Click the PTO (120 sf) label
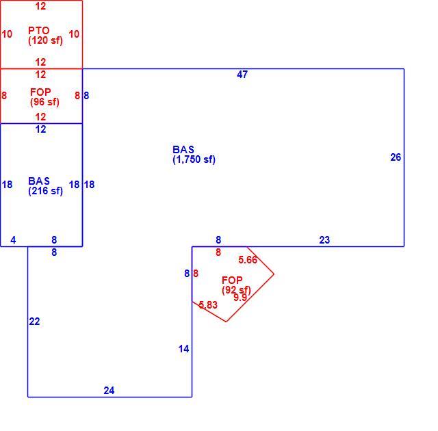pos(45,36)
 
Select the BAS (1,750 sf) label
pos(194,155)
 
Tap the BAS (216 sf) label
pos(45,186)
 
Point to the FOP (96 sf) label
pos(44,97)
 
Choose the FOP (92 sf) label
pos(236,285)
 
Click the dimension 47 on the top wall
pos(242,75)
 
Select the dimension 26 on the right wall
pos(396,157)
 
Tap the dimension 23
pos(324,240)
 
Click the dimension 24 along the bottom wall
pos(109,391)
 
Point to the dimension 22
pos(34,322)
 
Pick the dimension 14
pos(184,349)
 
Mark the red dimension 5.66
pos(248,260)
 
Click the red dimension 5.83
pos(208,305)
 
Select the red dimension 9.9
pos(240,298)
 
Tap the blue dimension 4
pos(13,240)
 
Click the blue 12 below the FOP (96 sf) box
pos(40,129)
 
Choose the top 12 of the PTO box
pos(40,6)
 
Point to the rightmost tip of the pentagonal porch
pos(274,274)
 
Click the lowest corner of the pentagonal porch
pos(227,322)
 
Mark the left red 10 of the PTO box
pos(7,34)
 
